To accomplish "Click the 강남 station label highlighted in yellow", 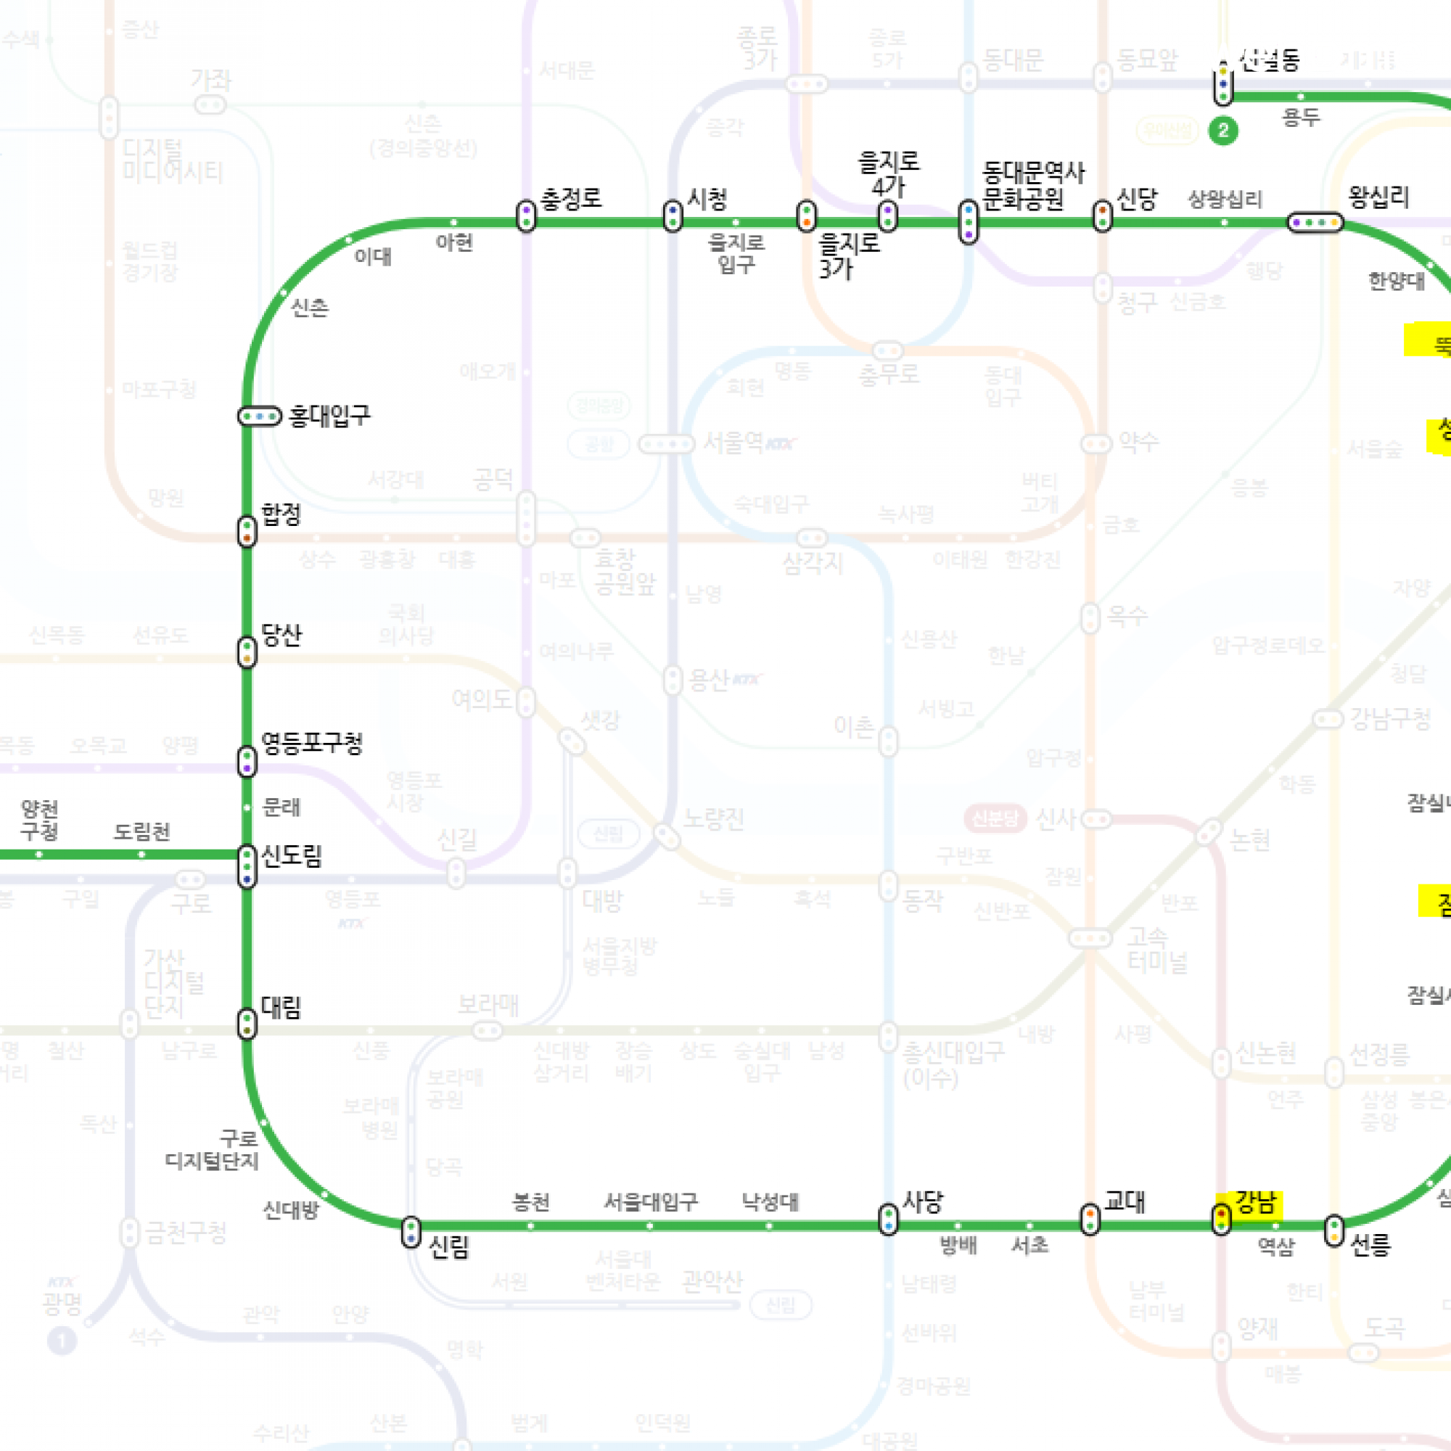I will pos(1257,1203).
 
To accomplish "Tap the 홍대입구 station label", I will pos(329,415).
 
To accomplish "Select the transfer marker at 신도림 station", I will pos(247,867).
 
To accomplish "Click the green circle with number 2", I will pos(1222,131).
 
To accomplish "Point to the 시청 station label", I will pos(707,199).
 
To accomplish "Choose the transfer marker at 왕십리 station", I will pos(1315,222).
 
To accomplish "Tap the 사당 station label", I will pos(921,1201).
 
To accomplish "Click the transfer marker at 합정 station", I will pos(247,531).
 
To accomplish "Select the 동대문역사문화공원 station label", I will pos(1032,186).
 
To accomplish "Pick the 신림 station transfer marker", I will pos(411,1233).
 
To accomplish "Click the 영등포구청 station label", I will pos(312,743).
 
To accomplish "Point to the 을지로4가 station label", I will pos(889,173).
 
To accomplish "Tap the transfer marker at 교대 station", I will pos(1090,1219).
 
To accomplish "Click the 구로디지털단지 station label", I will pos(212,1150).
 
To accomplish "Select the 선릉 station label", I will pos(1370,1245).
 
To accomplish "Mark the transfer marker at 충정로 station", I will pos(527,216).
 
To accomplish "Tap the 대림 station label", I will pos(281,1007).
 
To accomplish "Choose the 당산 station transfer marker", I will pos(247,652).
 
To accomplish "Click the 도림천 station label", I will pos(142,831).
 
